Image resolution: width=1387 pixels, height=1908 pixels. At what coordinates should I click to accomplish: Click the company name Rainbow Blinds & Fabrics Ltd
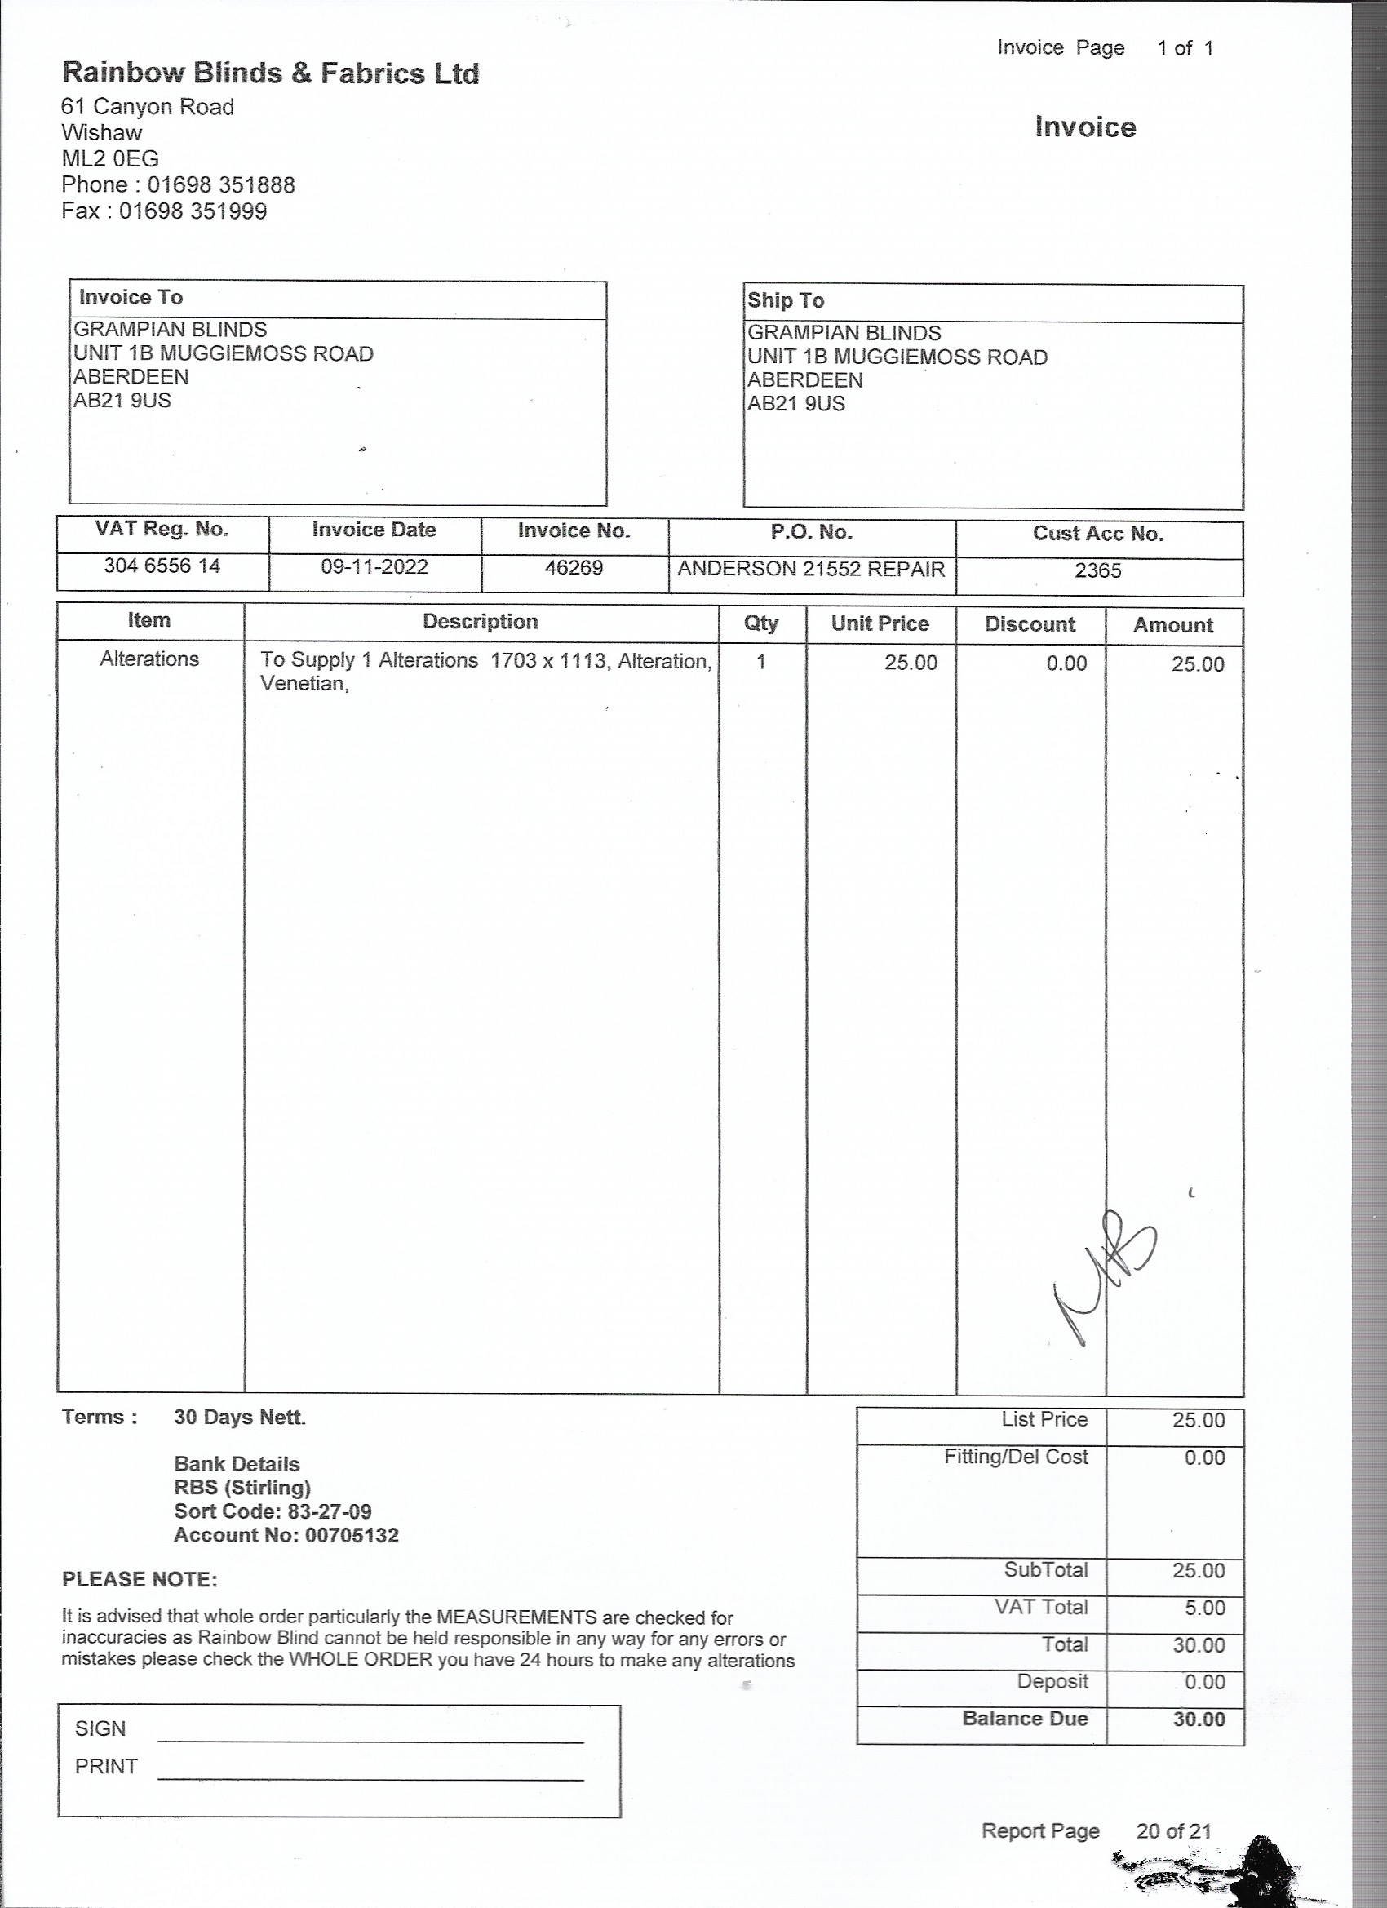270,74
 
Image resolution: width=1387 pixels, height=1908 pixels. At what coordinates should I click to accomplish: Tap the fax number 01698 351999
193,211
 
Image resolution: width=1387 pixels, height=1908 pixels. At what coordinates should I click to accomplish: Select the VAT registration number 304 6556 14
162,566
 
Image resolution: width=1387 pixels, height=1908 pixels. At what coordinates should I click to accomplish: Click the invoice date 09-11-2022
374,567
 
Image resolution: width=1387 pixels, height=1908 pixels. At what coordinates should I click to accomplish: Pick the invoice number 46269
574,568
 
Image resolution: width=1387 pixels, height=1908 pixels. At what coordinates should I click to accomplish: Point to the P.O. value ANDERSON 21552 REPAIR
811,570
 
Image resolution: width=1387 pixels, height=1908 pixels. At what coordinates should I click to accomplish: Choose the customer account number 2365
1097,571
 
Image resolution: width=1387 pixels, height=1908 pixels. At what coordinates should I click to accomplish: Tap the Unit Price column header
880,624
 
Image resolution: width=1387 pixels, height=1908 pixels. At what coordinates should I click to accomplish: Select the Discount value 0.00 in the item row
1066,663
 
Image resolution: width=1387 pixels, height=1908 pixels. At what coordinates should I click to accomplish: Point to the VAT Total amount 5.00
1203,1608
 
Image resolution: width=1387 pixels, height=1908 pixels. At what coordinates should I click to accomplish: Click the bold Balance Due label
1025,1719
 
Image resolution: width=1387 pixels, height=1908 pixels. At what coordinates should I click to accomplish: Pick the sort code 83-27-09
329,1511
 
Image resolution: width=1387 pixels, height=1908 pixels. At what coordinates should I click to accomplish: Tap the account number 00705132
352,1535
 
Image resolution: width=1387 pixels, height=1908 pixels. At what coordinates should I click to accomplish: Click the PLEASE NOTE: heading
140,1580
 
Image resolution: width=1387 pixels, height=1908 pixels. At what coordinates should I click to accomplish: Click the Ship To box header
786,300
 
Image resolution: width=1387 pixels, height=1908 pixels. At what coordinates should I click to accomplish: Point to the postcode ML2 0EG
110,159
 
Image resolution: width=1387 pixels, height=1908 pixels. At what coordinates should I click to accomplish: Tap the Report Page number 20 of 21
1173,1831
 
